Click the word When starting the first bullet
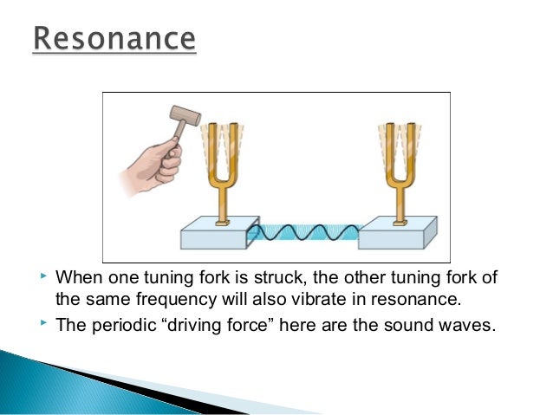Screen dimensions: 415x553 point(79,280)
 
